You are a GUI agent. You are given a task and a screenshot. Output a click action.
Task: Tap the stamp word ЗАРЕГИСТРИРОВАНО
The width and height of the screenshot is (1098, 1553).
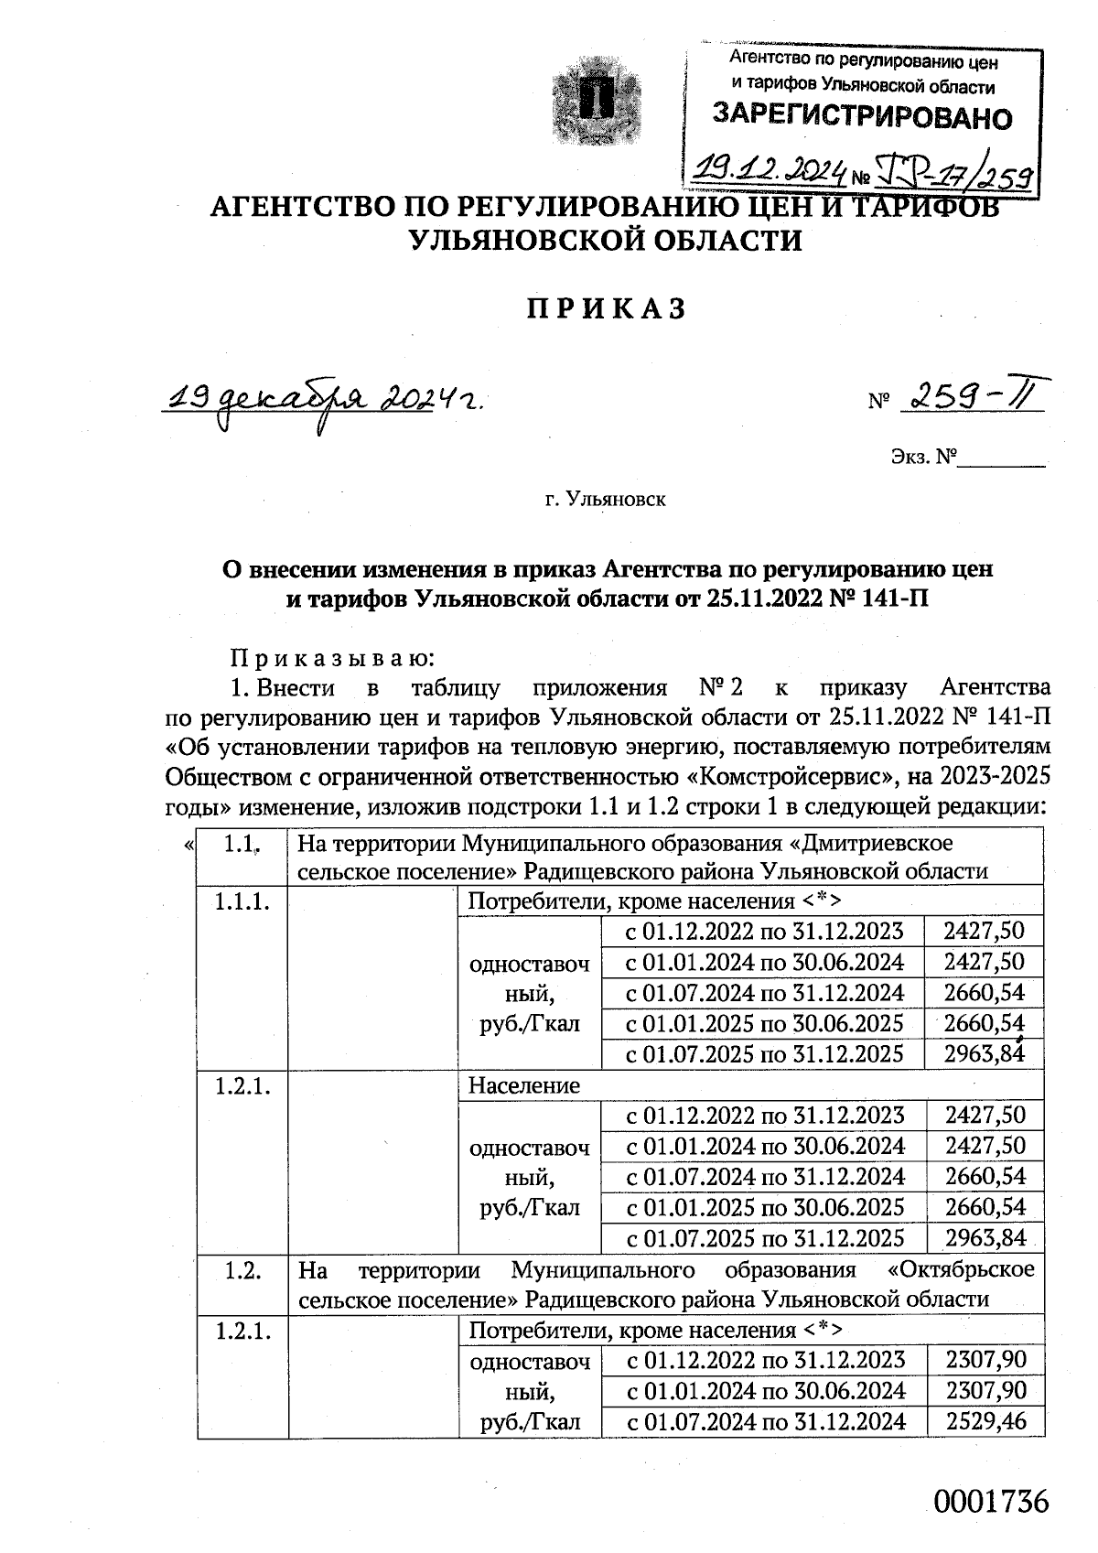(x=862, y=116)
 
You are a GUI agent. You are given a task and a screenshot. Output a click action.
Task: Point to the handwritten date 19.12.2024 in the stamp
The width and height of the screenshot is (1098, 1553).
(x=770, y=167)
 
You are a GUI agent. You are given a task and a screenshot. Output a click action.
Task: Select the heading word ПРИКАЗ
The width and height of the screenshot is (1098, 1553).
(x=606, y=309)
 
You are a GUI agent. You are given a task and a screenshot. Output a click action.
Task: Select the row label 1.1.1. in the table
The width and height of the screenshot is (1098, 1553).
(x=242, y=901)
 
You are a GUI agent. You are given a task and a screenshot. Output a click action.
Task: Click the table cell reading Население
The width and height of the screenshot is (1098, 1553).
(x=524, y=1085)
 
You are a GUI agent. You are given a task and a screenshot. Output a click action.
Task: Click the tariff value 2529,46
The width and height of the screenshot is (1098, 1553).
(x=985, y=1421)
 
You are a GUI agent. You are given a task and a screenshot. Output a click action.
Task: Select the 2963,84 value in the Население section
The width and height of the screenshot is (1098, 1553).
(x=985, y=1238)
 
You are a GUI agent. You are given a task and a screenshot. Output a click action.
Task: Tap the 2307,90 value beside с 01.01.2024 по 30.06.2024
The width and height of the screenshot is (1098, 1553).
(x=985, y=1391)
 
